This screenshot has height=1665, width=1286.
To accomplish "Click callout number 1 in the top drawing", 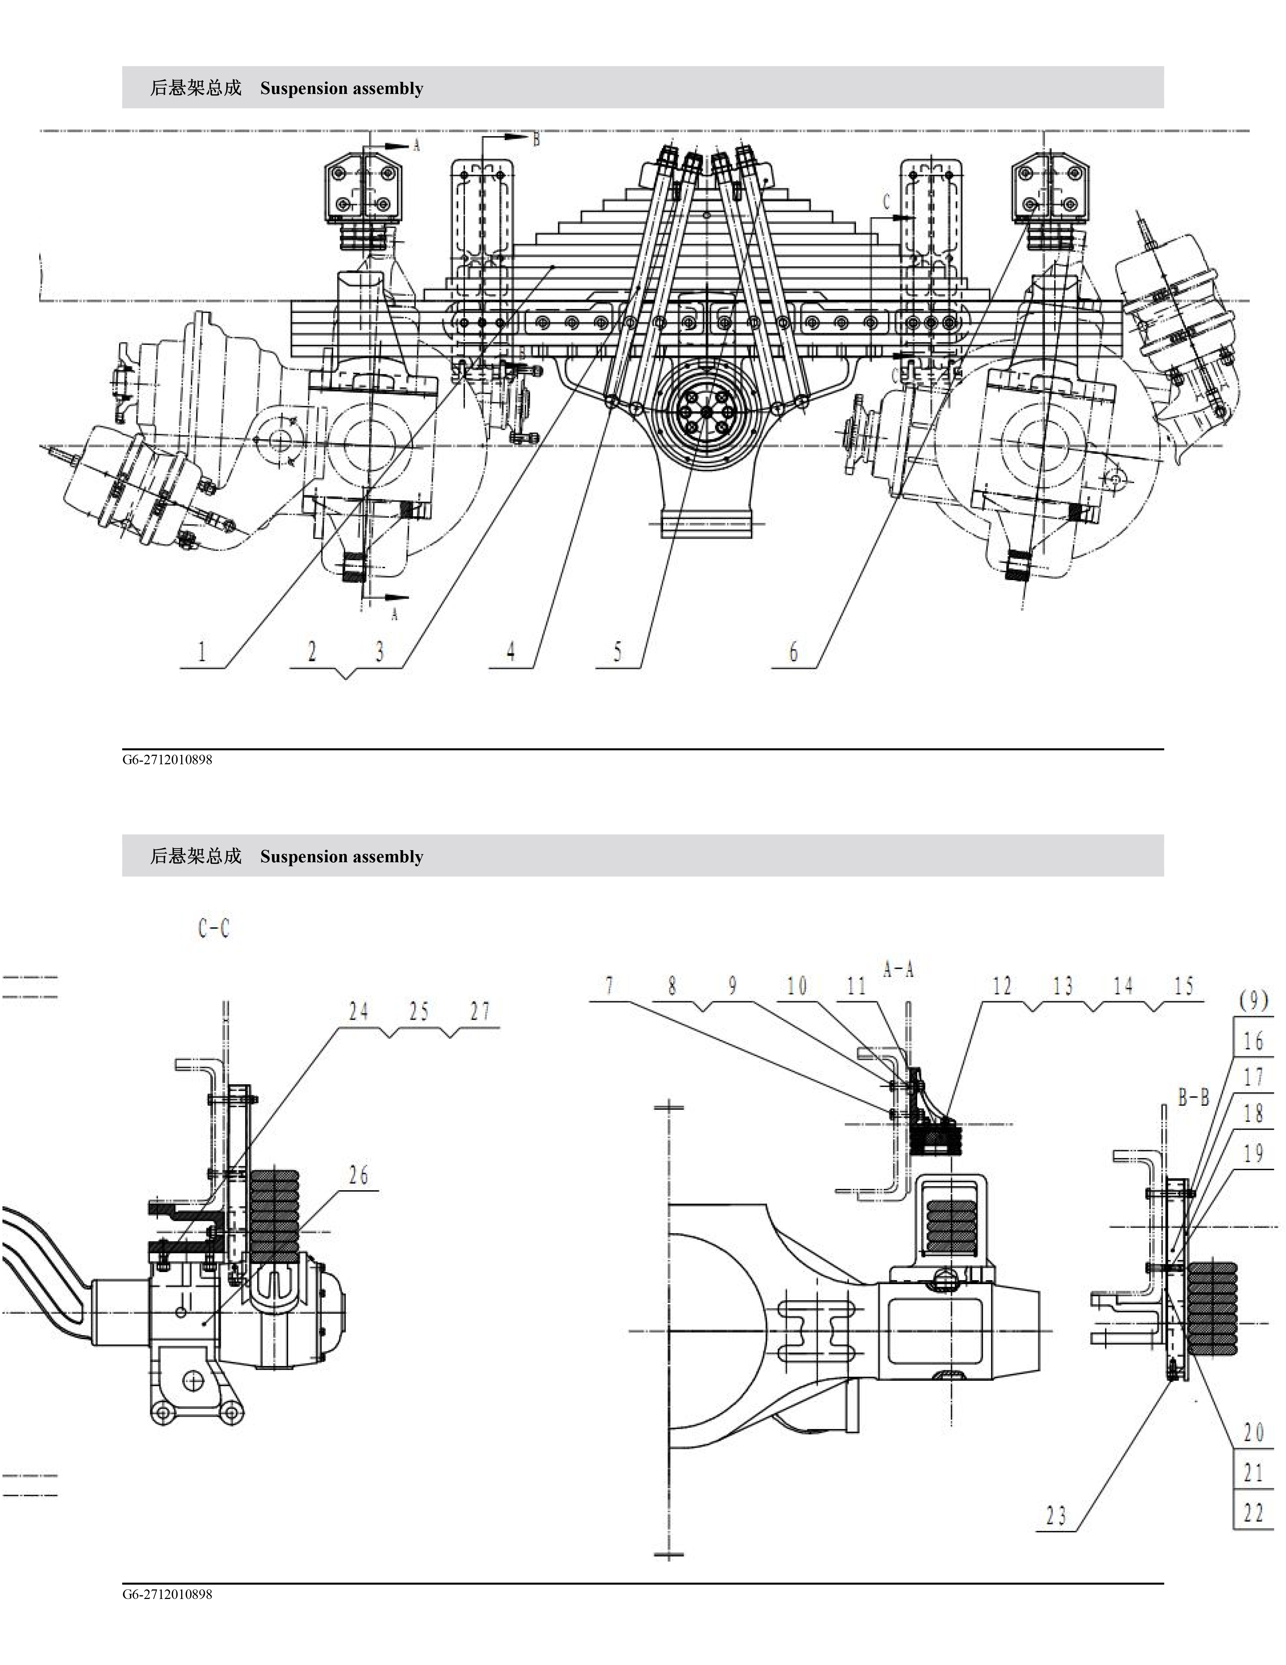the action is [x=202, y=652].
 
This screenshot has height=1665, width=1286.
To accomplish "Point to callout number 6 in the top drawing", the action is [x=794, y=652].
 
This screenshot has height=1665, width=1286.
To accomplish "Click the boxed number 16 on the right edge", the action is [x=1253, y=1041].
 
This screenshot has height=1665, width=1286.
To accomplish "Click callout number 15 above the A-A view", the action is [x=1183, y=987].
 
